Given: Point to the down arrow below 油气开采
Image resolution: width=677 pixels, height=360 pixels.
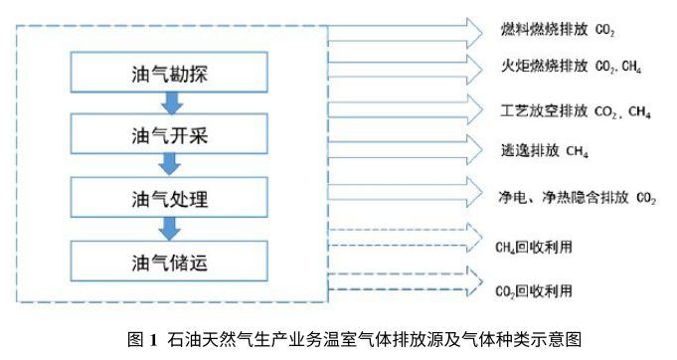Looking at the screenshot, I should pyautogui.click(x=170, y=165).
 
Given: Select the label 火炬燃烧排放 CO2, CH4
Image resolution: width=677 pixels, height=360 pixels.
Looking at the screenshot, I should pyautogui.click(x=571, y=69).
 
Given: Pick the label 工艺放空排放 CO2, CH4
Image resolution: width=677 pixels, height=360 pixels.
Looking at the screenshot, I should pyautogui.click(x=576, y=110).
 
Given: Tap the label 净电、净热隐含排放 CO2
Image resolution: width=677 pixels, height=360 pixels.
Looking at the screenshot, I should pyautogui.click(x=578, y=196).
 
